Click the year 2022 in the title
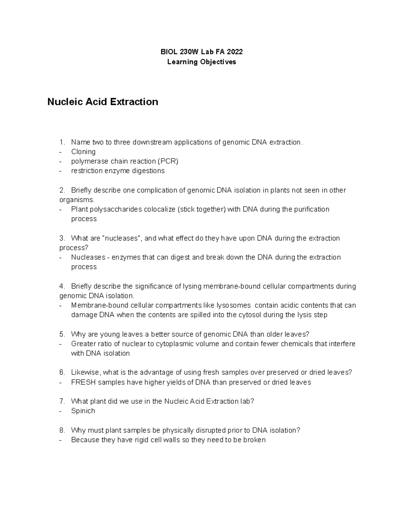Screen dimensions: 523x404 [x=234, y=52]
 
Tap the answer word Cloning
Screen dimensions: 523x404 [x=83, y=152]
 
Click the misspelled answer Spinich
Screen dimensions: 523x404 [x=83, y=411]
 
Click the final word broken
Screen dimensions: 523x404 [x=255, y=440]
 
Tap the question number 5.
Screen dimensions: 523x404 [x=62, y=334]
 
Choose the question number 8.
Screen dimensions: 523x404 [x=62, y=430]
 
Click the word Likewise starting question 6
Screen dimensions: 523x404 [x=85, y=372]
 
